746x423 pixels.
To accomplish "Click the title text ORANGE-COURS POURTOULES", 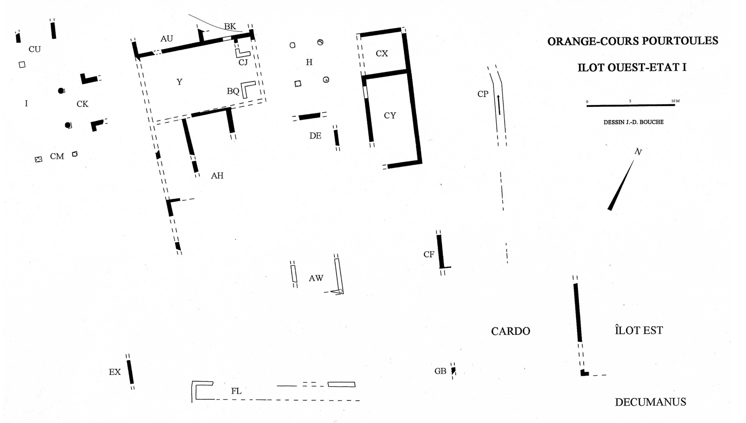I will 632,41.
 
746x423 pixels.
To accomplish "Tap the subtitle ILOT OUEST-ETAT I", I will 632,67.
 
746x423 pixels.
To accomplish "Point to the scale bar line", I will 630,106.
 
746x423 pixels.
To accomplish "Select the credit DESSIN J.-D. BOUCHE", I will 633,122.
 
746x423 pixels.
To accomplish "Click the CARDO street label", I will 510,331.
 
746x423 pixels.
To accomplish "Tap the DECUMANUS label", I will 650,402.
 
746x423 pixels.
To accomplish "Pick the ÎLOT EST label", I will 639,331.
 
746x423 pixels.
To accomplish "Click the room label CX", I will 381,54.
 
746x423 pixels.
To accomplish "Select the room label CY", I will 390,115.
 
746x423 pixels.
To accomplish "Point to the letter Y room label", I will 179,82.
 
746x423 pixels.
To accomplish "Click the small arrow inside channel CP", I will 499,105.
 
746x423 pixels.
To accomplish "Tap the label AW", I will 316,278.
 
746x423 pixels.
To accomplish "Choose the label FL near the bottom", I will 236,391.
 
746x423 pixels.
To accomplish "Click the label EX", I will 115,372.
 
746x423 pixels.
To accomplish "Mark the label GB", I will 440,371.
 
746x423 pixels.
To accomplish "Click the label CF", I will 429,254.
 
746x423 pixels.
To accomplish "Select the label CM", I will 57,156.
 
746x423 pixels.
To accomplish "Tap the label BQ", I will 232,92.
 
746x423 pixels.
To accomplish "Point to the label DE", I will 315,136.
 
